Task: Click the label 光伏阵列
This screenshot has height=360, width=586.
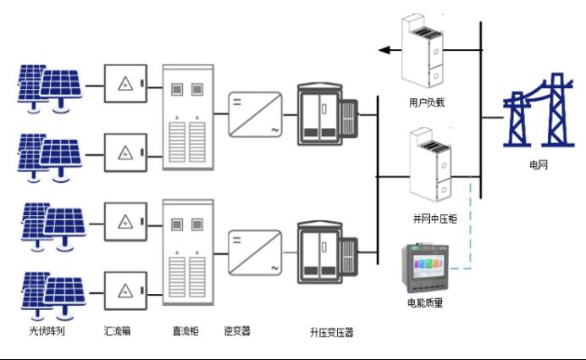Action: (x=47, y=330)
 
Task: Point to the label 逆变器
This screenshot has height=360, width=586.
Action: (x=239, y=330)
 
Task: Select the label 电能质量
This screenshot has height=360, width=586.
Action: (x=426, y=302)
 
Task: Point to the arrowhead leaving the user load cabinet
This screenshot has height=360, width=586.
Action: (x=384, y=51)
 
